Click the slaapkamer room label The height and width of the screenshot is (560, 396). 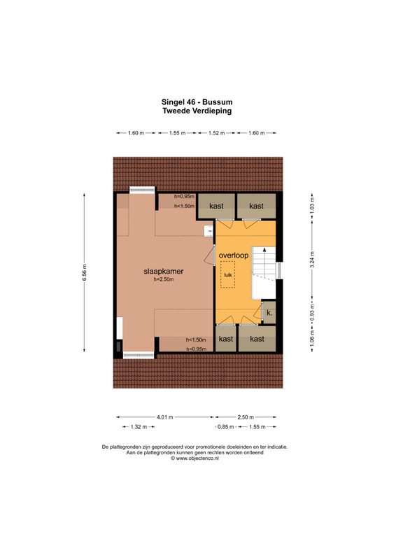[164, 271]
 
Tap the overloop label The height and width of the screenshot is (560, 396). [234, 255]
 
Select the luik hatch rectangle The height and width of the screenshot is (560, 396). [227, 274]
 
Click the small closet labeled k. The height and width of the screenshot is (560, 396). [269, 313]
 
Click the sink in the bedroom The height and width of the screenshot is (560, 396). [208, 231]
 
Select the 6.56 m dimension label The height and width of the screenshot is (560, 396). [84, 272]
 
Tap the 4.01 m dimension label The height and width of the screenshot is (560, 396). [164, 416]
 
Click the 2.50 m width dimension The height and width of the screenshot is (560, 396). [246, 416]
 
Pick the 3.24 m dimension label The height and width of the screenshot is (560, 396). [312, 260]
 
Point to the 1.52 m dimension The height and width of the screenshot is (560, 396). [217, 133]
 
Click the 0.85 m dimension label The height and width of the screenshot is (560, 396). [226, 427]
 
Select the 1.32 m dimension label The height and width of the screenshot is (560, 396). [139, 427]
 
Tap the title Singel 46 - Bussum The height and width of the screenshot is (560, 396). [197, 102]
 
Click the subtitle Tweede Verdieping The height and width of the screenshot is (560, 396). [197, 111]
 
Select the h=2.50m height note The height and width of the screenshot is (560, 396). [164, 279]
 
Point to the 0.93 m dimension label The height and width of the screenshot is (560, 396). [312, 312]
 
